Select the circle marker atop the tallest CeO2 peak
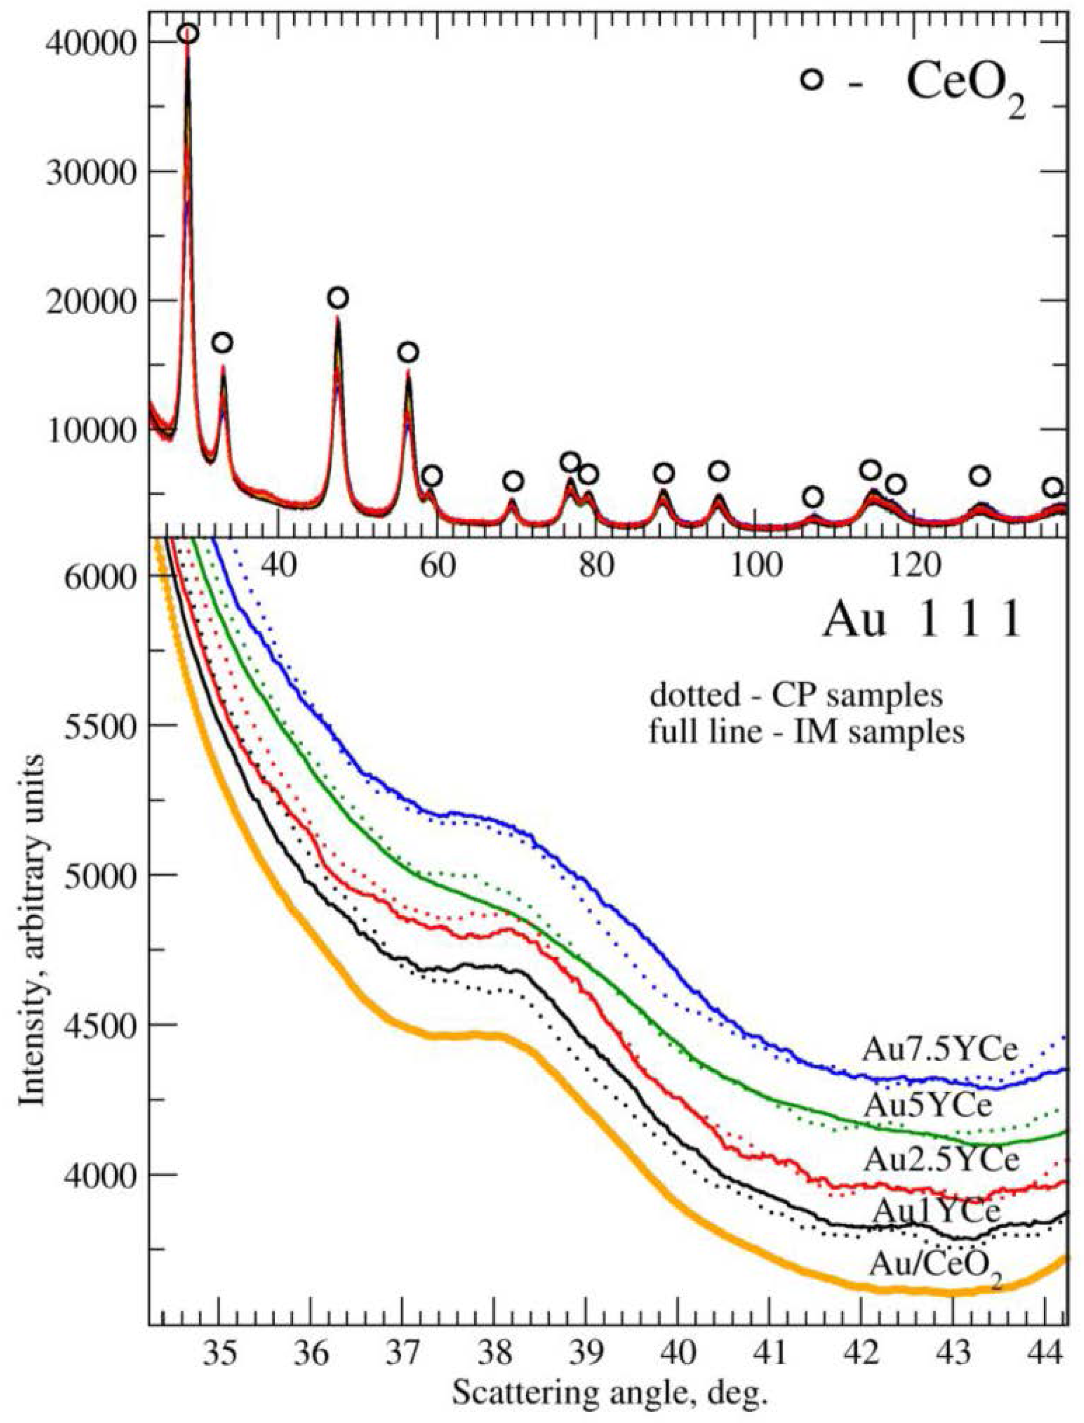click(x=188, y=34)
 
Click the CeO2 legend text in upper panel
click(x=965, y=85)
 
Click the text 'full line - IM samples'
click(x=806, y=733)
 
